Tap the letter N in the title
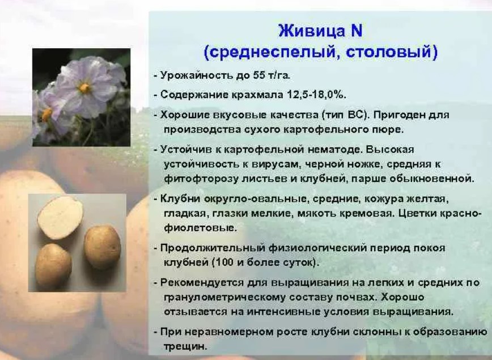(x=356, y=31)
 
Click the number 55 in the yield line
(x=257, y=75)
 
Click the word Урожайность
(x=197, y=75)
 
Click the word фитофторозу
(x=201, y=179)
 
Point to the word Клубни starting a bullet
(x=180, y=198)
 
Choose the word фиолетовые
(x=200, y=227)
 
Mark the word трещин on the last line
(x=185, y=346)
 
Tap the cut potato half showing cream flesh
(x=60, y=217)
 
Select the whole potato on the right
(x=103, y=247)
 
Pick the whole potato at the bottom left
(x=53, y=266)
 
